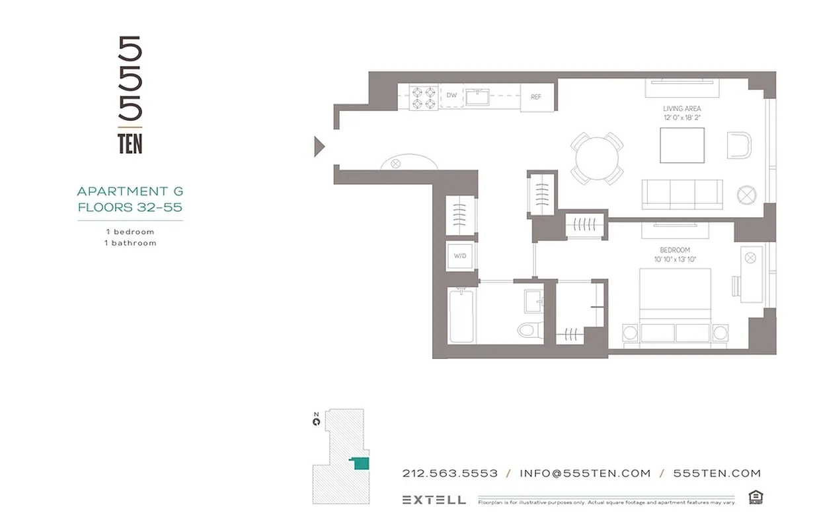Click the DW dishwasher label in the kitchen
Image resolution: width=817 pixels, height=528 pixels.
tap(451, 96)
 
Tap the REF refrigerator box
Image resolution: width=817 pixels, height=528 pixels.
tap(536, 97)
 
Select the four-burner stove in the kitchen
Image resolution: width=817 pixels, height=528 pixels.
tap(423, 98)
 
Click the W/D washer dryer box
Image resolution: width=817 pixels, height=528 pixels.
tap(460, 256)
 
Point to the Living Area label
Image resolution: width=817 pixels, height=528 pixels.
tap(681, 109)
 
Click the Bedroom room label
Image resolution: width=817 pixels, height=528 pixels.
tap(674, 250)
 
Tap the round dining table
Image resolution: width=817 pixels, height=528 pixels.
tap(597, 158)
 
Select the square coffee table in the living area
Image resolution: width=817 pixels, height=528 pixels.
tap(681, 145)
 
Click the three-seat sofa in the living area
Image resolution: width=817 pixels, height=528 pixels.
tap(681, 194)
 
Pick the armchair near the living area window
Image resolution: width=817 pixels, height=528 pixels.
tap(740, 145)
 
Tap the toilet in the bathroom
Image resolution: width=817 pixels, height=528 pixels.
tap(530, 328)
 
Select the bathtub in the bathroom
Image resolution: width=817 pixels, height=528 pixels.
tap(461, 315)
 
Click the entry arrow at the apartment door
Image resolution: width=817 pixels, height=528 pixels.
tap(319, 146)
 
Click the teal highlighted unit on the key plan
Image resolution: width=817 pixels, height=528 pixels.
tap(360, 463)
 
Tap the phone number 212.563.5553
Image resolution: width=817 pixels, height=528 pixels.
tap(449, 473)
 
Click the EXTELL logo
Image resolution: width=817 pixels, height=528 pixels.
tap(434, 500)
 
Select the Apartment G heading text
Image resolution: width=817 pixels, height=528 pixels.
tap(130, 191)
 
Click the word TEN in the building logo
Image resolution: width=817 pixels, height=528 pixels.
tap(130, 145)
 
